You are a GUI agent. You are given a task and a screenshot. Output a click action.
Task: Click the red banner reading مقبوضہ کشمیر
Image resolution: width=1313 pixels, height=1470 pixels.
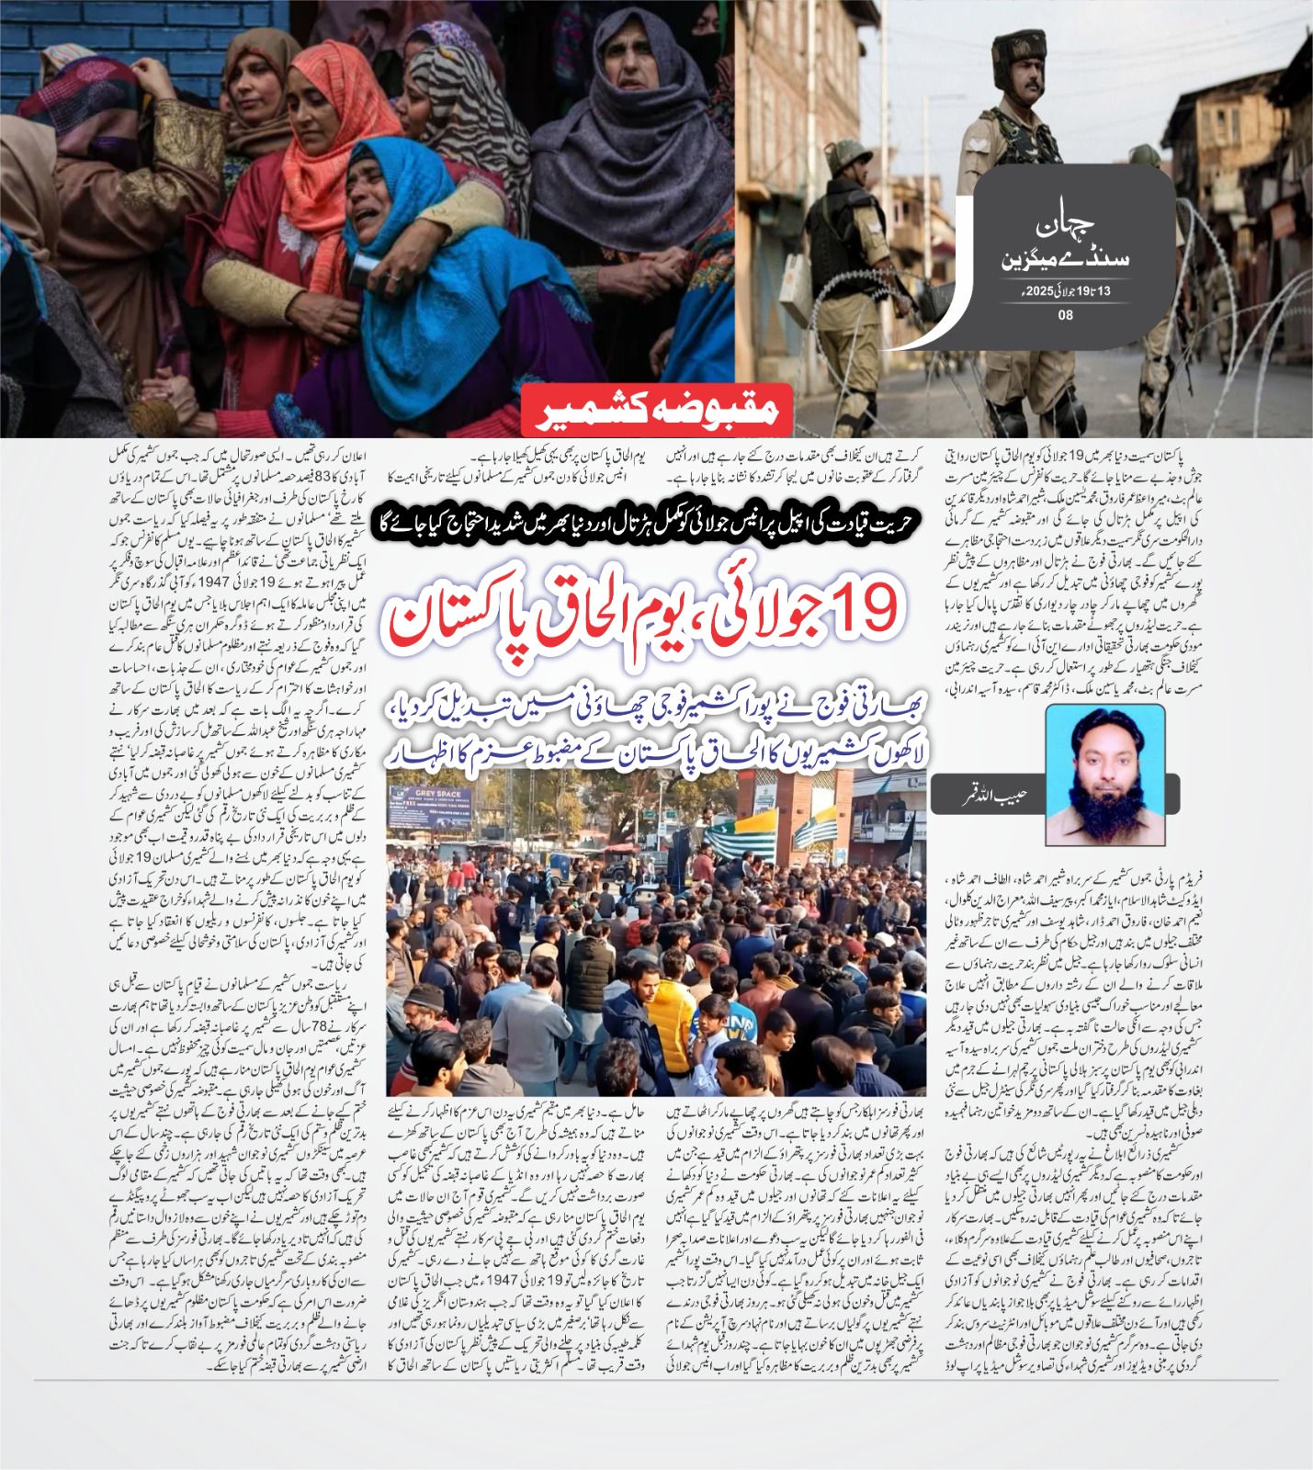click(656, 410)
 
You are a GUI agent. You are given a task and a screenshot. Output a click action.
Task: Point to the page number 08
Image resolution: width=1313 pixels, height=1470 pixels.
click(1066, 315)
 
